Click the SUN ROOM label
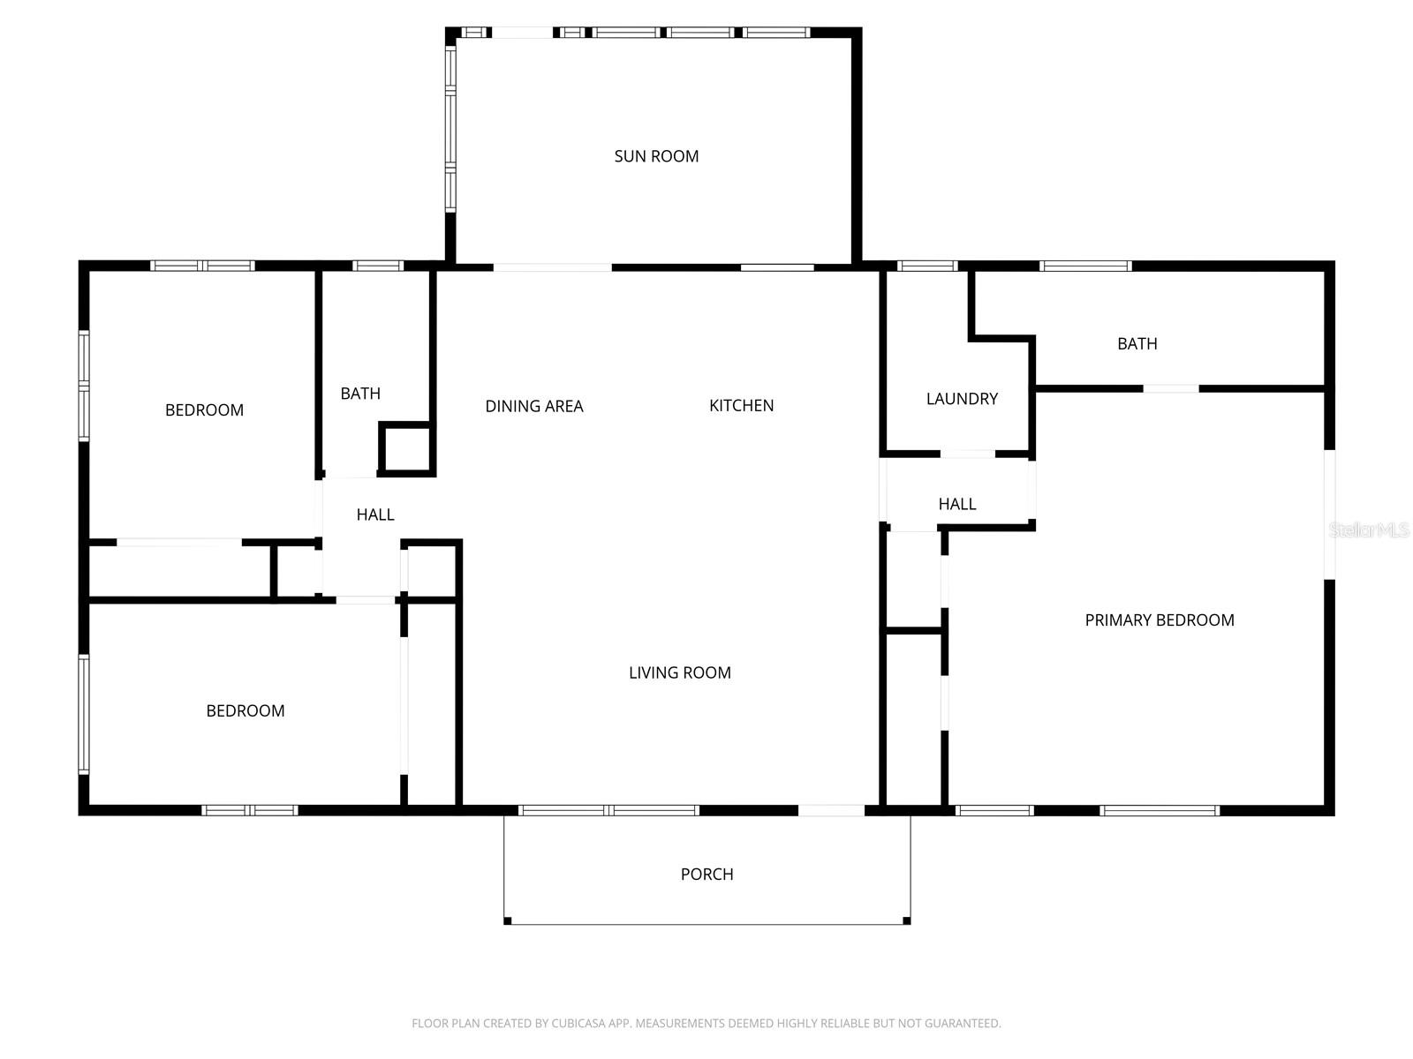(656, 156)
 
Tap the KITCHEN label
(741, 405)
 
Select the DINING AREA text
(533, 406)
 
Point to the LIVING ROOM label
(679, 672)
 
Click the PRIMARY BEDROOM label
(1159, 620)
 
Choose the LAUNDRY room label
(961, 399)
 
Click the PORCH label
(706, 874)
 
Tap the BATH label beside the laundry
(1137, 344)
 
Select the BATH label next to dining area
(360, 394)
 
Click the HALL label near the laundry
(956, 504)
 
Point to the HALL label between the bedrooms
(374, 514)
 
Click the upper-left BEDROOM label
(204, 409)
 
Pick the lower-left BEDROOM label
(245, 710)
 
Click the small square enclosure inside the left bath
(406, 448)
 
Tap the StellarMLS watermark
(1368, 530)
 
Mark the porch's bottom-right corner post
(906, 921)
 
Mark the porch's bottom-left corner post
(508, 921)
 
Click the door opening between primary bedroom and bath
(1171, 388)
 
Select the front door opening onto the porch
(831, 810)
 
